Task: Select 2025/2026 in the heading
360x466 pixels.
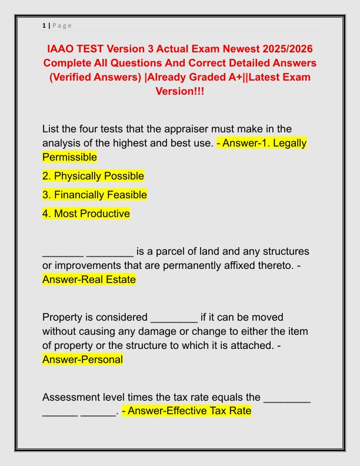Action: click(279, 48)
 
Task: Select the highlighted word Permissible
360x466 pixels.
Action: click(69, 157)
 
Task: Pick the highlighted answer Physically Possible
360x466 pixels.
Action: click(93, 176)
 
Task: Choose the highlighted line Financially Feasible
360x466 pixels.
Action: click(95, 195)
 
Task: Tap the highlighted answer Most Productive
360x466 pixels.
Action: click(86, 214)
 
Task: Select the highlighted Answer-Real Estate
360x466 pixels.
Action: click(89, 280)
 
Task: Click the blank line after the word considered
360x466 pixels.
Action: click(174, 318)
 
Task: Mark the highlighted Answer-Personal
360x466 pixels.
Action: click(82, 360)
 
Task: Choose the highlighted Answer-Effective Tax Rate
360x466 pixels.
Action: click(186, 412)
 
